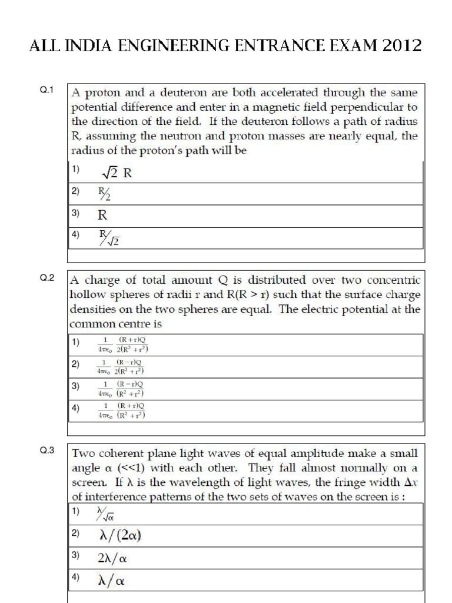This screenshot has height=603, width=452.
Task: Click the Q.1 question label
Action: point(47,90)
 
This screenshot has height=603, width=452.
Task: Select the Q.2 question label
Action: point(47,278)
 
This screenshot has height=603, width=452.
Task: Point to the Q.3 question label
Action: point(47,451)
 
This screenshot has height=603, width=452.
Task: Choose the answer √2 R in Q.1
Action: point(116,173)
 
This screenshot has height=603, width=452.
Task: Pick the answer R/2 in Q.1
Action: point(104,194)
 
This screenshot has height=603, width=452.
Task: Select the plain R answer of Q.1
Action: point(102,216)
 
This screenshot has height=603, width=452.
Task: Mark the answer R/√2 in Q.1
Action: point(109,238)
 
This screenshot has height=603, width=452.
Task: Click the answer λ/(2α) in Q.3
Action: point(120,535)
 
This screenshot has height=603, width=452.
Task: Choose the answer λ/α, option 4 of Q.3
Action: point(111,581)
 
